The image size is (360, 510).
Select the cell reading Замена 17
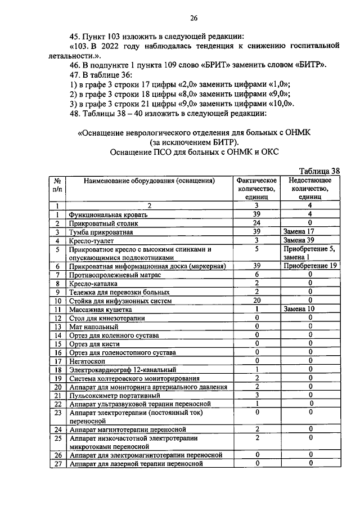[299, 232]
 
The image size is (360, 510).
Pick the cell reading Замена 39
[299, 240]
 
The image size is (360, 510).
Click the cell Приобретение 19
[310, 266]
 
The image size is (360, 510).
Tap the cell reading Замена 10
[299, 309]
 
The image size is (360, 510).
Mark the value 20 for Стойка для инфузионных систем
[256, 301]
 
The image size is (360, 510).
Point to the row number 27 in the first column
[57, 464]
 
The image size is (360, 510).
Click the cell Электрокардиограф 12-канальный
[123, 370]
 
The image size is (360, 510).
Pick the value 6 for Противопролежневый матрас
[256, 275]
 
